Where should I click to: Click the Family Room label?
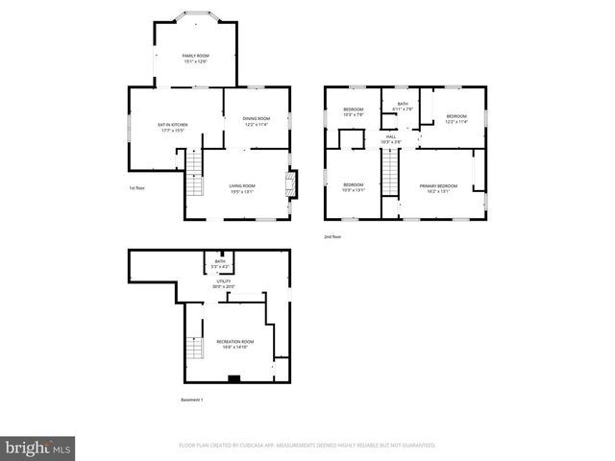point(196,58)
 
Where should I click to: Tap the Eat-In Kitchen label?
point(173,127)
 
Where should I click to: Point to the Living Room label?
point(242,188)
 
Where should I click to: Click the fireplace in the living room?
point(292,184)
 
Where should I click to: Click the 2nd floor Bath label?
point(403,106)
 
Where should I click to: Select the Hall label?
point(391,139)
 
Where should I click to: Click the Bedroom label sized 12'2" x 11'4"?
point(455,118)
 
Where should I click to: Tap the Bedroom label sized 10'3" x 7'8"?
point(354,111)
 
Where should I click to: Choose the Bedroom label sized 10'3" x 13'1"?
point(354,187)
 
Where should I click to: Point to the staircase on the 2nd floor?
point(390,173)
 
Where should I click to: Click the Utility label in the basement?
point(223,283)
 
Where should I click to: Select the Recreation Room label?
point(234,344)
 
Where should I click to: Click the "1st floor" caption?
point(136,188)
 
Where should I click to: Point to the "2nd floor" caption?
point(332,236)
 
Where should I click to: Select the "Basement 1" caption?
point(192,400)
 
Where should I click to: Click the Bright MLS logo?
point(38,448)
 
